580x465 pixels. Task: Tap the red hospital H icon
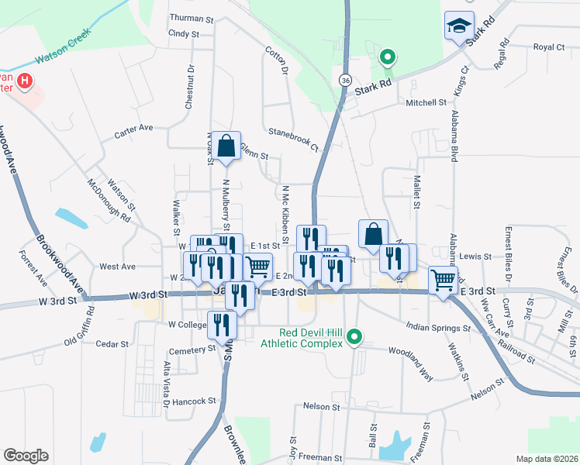coord(25,80)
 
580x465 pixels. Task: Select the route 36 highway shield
coord(345,80)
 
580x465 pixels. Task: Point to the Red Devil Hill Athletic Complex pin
coord(354,336)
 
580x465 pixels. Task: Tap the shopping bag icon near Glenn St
coord(226,146)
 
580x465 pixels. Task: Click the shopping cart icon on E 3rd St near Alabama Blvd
coord(443,279)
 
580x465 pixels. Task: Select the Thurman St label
coord(191,18)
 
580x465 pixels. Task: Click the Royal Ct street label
coord(549,47)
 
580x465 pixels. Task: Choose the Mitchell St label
coord(426,102)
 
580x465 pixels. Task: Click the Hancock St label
coord(194,401)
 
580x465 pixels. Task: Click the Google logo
coord(26,456)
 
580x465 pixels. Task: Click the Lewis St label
coord(475,256)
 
